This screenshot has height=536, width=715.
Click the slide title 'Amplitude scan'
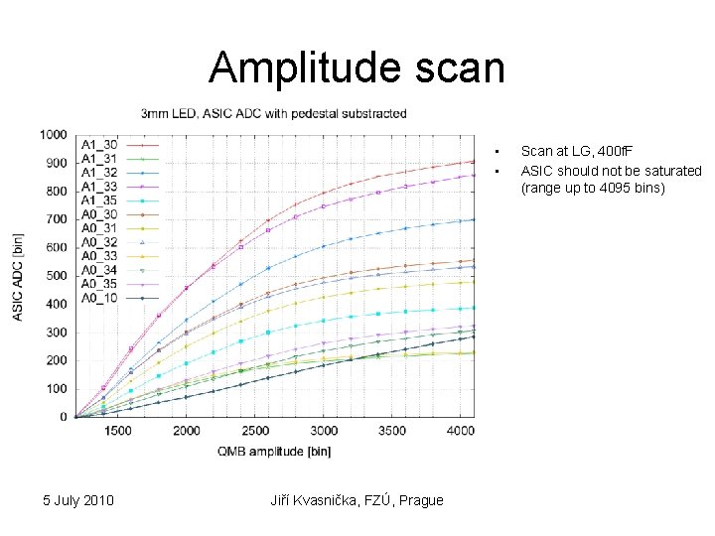(x=357, y=68)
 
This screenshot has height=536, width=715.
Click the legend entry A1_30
(x=99, y=145)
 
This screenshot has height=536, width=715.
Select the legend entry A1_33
(x=99, y=187)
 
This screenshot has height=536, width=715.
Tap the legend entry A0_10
(x=99, y=297)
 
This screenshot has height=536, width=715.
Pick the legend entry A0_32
(x=99, y=241)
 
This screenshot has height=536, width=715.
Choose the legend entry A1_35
(x=99, y=201)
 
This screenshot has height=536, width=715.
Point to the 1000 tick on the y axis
(x=54, y=135)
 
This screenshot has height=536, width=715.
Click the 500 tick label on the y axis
(x=57, y=276)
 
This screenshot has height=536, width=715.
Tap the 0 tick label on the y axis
(x=63, y=418)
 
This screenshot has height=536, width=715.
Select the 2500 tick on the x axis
(x=255, y=432)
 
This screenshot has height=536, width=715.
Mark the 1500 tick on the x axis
(x=117, y=432)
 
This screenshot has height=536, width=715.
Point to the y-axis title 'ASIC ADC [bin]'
(x=19, y=277)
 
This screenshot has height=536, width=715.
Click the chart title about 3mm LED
(x=273, y=114)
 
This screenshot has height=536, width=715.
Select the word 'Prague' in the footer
(x=420, y=499)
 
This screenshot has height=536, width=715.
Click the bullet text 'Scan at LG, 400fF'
(x=576, y=151)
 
